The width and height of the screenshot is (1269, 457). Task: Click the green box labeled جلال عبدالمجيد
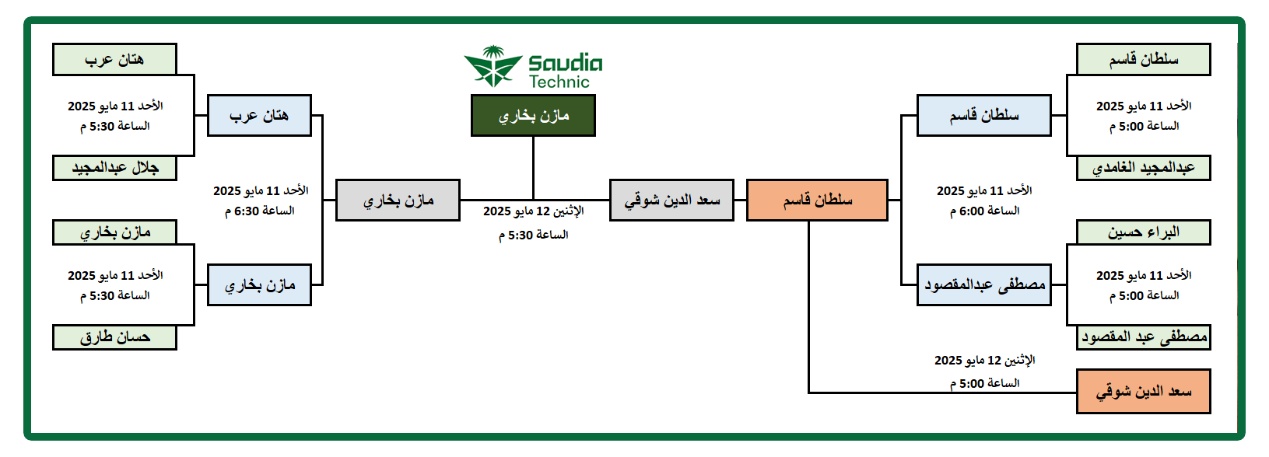coord(114,168)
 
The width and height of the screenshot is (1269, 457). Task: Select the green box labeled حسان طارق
coord(114,337)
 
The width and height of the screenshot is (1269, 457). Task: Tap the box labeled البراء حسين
coord(1143,232)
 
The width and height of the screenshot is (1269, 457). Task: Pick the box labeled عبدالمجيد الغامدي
coord(1143,168)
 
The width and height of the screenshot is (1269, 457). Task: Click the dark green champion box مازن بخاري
coord(533,115)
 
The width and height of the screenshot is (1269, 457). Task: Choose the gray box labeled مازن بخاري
coord(398,201)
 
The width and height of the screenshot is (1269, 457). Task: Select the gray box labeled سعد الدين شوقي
coord(671,201)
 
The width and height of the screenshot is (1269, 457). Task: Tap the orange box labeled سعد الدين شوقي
coord(1143,392)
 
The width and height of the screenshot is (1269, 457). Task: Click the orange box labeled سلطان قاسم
coord(817,201)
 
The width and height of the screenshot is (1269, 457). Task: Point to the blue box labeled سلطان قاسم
coord(983,115)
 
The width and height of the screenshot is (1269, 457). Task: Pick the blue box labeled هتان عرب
coord(259,115)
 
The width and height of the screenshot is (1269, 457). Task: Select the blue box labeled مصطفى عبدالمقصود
coord(983,285)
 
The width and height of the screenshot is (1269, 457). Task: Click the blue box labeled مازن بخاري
coord(259,285)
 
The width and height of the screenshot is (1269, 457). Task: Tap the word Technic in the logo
coord(559,82)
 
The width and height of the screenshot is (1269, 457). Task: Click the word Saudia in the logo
coord(566,63)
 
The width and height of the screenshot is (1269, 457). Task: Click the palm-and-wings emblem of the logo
coord(493,66)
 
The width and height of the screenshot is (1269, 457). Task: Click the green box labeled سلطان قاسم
coord(1143,59)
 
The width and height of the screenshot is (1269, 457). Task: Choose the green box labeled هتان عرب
coord(114,59)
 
